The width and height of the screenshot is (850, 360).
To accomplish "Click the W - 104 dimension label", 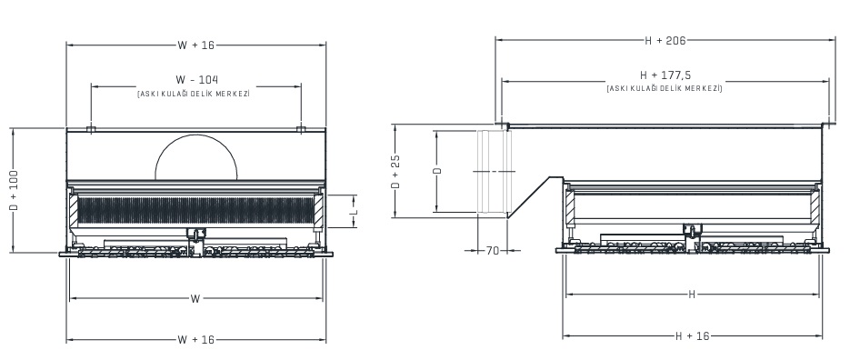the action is point(196,79).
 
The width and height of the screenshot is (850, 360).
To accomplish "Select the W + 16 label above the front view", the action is point(195,44).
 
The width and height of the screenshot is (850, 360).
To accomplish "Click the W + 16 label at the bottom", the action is point(195,340).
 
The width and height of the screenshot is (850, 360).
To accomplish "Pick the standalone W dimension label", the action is point(195,298).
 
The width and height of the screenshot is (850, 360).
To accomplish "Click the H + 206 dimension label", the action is point(665,40).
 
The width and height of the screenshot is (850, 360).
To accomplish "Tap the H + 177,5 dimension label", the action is point(665,75).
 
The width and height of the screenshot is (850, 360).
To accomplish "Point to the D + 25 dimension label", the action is point(395,172).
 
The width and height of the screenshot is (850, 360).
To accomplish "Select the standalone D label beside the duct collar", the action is point(436,171).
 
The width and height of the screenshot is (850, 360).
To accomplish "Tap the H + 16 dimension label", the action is point(692,335).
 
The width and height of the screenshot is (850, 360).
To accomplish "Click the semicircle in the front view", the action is point(195,156).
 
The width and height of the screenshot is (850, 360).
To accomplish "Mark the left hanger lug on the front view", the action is point(91,129).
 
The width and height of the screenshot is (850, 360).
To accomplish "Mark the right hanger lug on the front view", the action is point(302,129).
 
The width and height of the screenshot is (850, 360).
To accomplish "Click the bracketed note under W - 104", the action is point(194,94).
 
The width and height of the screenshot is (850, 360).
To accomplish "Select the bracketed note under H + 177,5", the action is point(665,88).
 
